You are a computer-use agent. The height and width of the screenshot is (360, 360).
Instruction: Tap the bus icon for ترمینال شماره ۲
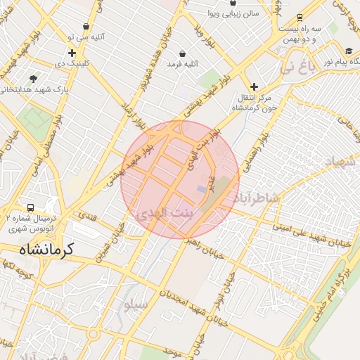30,208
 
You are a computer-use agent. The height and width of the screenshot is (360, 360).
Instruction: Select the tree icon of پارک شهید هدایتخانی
33,79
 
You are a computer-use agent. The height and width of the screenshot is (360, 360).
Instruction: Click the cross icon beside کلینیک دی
72,53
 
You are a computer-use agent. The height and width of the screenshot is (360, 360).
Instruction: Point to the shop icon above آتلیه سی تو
86,26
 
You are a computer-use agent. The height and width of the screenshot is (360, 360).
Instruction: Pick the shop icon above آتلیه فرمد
183,53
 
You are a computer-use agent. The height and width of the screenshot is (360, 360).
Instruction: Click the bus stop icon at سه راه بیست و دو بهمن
300,18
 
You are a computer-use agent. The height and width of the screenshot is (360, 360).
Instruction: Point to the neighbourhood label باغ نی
295,68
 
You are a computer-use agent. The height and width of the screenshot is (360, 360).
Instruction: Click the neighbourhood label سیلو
135,306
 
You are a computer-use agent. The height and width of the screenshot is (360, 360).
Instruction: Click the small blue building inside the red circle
202,189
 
